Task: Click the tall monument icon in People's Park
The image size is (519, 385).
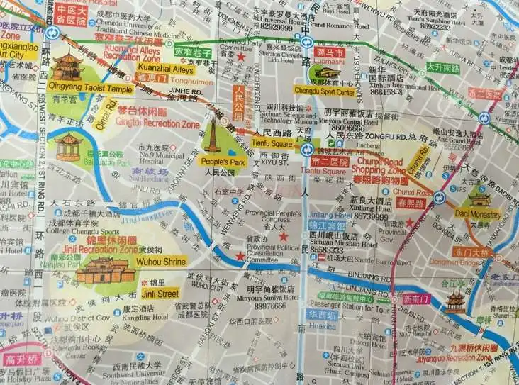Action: pos(212,135)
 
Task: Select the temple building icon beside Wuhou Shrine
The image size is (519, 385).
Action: pos(106,269)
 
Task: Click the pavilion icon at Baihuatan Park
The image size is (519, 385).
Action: pos(68,147)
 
